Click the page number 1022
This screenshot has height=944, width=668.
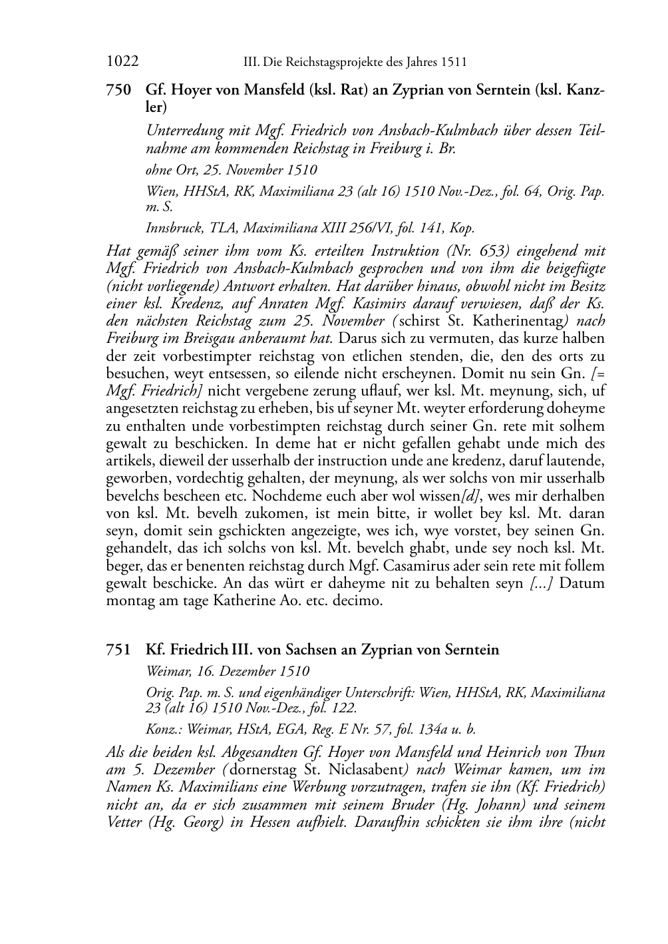click(122, 63)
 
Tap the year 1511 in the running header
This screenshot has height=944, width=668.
click(453, 63)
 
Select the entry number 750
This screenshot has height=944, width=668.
click(118, 91)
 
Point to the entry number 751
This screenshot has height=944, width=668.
click(118, 650)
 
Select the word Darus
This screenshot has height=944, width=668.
click(358, 338)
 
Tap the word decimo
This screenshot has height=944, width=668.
click(359, 600)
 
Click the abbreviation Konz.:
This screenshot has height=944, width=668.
click(163, 729)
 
